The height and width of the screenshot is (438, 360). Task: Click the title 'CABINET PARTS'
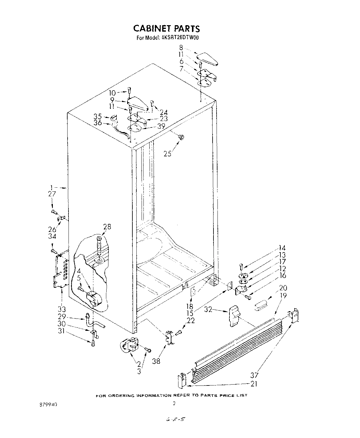(166, 29)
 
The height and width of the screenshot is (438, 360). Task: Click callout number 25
(167, 154)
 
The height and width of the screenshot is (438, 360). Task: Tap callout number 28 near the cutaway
(107, 227)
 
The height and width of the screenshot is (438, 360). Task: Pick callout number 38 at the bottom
(156, 361)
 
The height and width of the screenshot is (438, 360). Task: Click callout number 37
(254, 375)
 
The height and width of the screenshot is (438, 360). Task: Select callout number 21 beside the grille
(254, 384)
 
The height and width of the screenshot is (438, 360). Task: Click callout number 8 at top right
(181, 48)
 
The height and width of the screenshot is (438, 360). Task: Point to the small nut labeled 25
(181, 137)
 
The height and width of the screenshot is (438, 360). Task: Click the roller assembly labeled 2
(129, 345)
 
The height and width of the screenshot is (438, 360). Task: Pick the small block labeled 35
(114, 118)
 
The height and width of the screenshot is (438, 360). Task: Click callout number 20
(283, 288)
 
